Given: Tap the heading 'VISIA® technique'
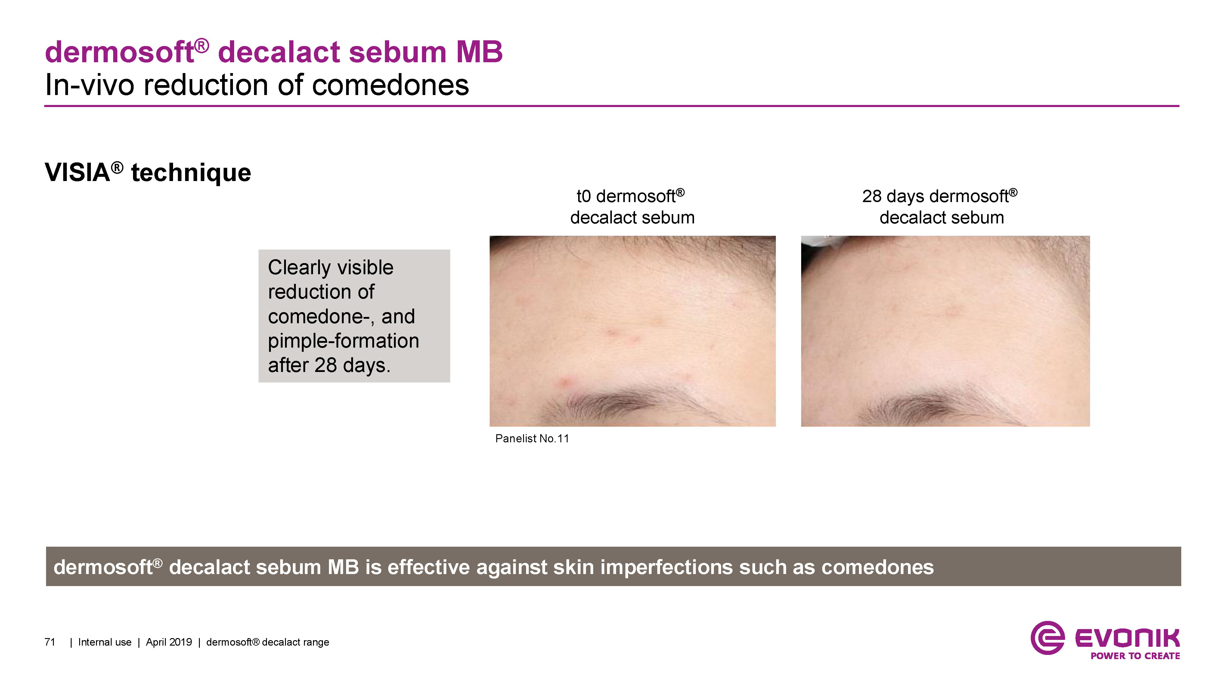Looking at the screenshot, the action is coord(148,172).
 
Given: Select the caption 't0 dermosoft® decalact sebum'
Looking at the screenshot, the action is coord(632,207).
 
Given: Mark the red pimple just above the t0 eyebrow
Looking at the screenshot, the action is coord(566,381).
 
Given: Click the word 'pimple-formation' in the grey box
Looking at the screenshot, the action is coord(343,341).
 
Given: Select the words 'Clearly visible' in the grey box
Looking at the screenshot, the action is coord(331,267).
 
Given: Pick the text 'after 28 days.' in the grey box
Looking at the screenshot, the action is coord(329,365).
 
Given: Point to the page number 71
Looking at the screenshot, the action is coord(50,642).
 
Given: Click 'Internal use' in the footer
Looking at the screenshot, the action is coord(104,642).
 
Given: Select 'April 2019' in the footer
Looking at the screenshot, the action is coord(169,642).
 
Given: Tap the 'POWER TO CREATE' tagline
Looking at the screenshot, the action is coord(1135,656).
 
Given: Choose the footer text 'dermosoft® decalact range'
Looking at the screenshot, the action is coord(268,642).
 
